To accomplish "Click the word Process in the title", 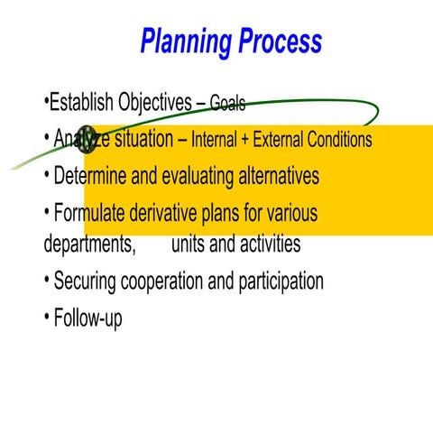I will pos(281,41).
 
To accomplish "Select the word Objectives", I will pos(154,102).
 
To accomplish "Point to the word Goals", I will pos(227,104).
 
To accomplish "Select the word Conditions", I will pos(342,141).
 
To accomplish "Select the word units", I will pos(189,244).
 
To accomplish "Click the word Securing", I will pos(89,281).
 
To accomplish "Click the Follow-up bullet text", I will pos(88,318).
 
